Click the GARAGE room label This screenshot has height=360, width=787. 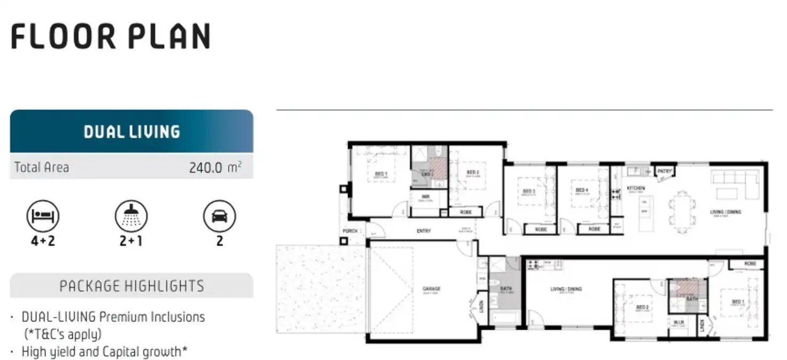[431, 289]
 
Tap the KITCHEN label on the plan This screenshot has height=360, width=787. [636, 188]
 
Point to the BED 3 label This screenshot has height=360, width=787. [529, 191]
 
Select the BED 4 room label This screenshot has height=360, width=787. [582, 190]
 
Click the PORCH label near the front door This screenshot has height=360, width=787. [350, 231]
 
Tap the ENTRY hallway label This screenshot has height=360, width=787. [424, 231]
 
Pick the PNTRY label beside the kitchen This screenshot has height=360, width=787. [665, 171]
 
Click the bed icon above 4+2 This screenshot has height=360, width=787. [43, 216]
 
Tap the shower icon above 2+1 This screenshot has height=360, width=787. [131, 216]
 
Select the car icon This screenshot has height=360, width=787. [219, 216]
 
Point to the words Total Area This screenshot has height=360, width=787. [42, 167]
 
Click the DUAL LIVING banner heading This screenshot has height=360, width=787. [132, 132]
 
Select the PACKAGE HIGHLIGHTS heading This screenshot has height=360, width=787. [132, 286]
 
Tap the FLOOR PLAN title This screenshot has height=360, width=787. [111, 36]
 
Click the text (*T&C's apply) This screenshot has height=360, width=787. [63, 334]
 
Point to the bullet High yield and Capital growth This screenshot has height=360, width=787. [104, 351]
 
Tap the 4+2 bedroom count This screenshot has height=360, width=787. [43, 241]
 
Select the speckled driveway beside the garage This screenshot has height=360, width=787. [321, 289]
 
